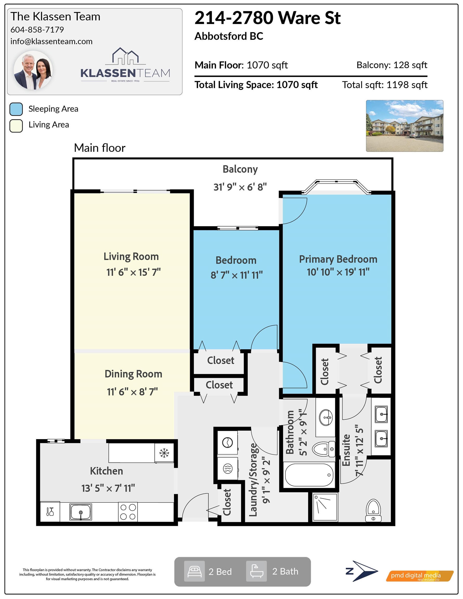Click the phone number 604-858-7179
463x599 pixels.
click(x=37, y=30)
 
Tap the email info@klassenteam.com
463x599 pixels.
click(x=51, y=41)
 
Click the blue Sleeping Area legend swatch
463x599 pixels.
click(x=16, y=109)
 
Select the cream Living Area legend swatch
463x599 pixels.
click(x=16, y=126)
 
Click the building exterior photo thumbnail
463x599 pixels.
click(x=404, y=126)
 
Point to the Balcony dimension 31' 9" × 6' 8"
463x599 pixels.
click(x=240, y=187)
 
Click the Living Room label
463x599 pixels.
click(x=131, y=256)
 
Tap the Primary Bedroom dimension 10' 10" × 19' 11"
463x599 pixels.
click(x=338, y=272)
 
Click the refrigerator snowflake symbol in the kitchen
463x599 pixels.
click(x=164, y=453)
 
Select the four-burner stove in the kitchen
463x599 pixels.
click(x=128, y=512)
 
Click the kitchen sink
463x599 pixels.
click(x=80, y=512)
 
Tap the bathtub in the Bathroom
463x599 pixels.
click(x=309, y=475)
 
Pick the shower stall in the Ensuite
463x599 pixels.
click(x=325, y=508)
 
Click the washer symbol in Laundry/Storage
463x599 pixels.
click(x=228, y=443)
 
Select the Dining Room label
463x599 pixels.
click(x=133, y=374)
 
